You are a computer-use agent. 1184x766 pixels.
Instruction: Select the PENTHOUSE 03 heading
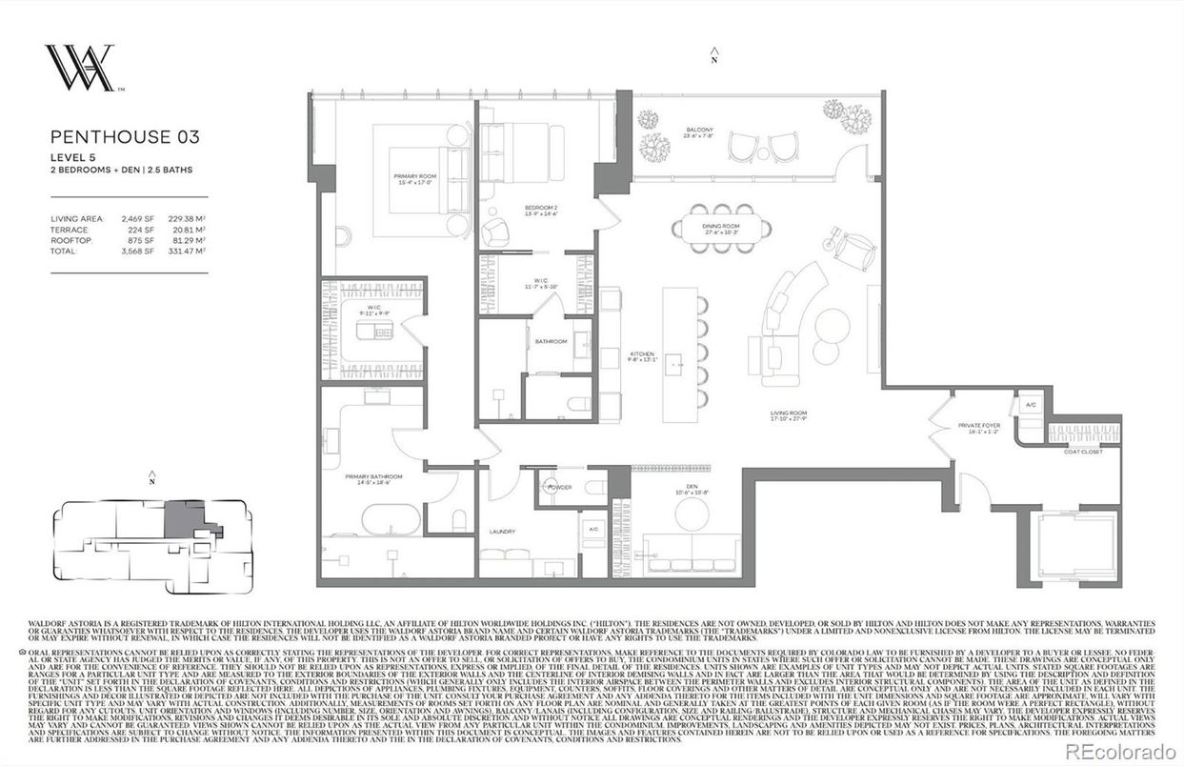click(125, 136)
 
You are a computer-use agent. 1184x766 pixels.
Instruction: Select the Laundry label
click(502, 532)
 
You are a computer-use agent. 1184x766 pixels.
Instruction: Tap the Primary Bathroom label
click(373, 479)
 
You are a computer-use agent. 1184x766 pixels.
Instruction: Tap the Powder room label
click(559, 486)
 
